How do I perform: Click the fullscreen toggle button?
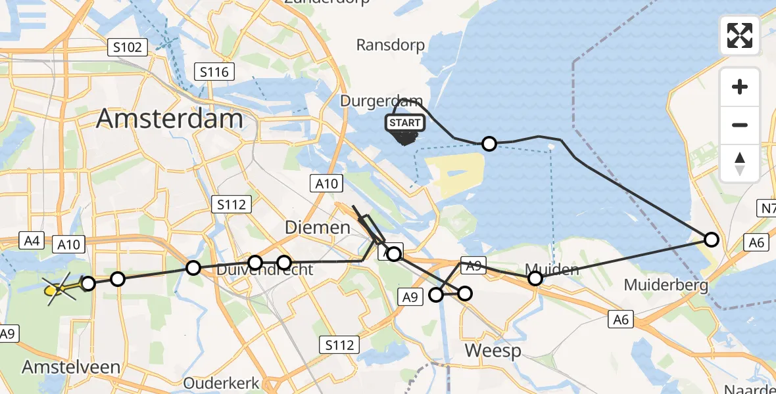pyautogui.click(x=740, y=35)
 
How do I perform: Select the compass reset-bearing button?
pyautogui.click(x=740, y=163)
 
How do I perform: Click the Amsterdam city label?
pyautogui.click(x=170, y=119)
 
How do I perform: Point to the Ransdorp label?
pyautogui.click(x=390, y=45)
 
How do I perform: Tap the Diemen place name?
pyautogui.click(x=317, y=228)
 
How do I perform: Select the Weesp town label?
pyautogui.click(x=493, y=351)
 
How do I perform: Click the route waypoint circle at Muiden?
pyautogui.click(x=535, y=279)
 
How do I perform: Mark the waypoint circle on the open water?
pyautogui.click(x=489, y=144)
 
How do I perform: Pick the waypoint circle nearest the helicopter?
pyautogui.click(x=87, y=284)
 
